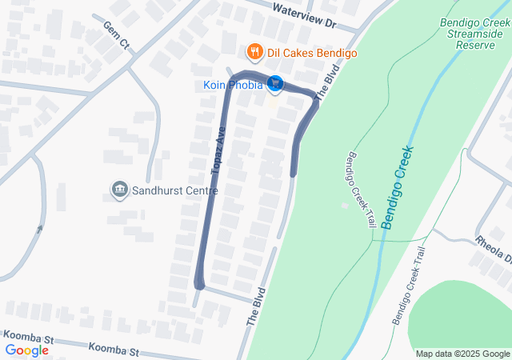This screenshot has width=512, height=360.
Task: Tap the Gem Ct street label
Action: (115, 36)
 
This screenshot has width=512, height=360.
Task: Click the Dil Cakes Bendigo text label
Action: (312, 54)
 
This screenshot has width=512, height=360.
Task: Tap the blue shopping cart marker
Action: (275, 82)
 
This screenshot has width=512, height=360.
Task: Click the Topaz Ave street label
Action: (218, 150)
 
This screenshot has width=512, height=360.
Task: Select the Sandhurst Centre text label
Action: (174, 190)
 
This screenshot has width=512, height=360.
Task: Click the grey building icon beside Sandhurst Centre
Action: (119, 190)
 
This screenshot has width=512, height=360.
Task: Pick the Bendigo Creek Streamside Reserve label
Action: (475, 34)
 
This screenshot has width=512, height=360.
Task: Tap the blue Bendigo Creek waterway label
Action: (398, 186)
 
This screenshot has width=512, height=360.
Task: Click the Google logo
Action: (26, 350)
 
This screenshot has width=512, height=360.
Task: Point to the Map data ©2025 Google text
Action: (462, 354)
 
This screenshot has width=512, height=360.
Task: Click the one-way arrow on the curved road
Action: (39, 229)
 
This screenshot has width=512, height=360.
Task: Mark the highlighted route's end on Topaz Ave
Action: (199, 284)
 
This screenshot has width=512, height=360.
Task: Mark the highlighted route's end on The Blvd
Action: (294, 173)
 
